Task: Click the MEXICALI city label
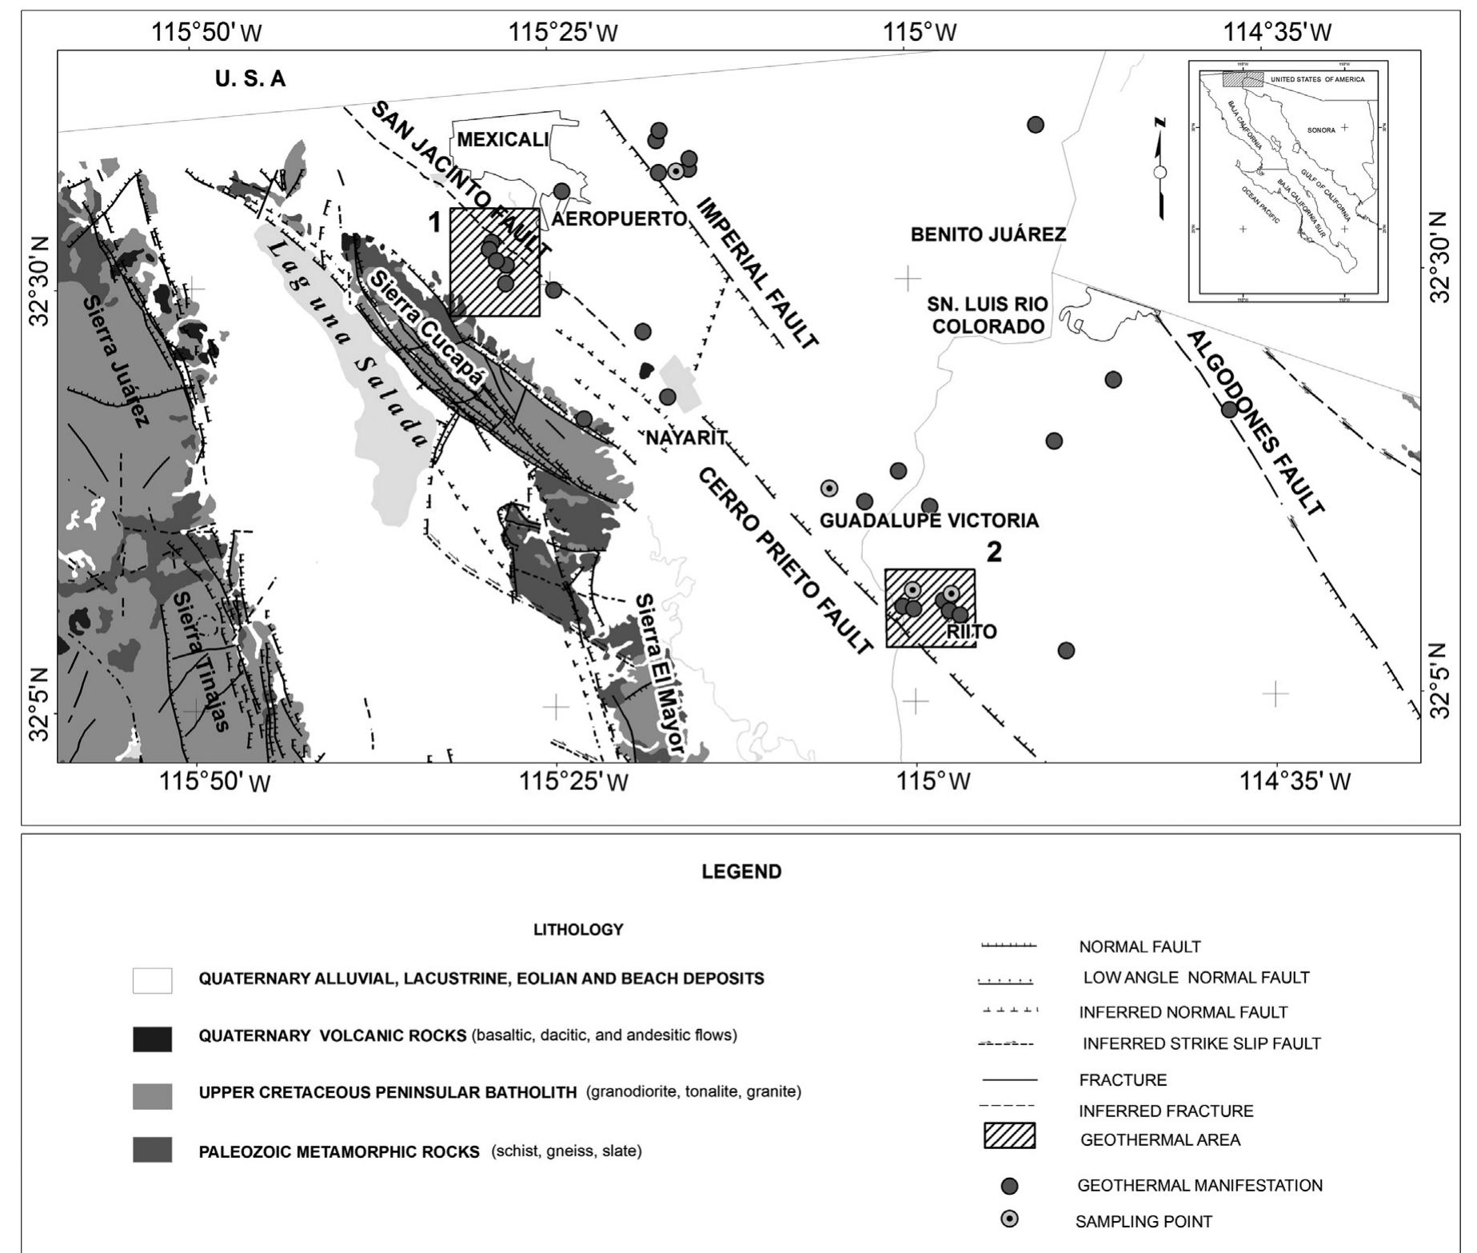pyautogui.click(x=503, y=140)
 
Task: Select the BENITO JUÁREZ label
pyautogui.click(x=988, y=235)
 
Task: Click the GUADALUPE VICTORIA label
pyautogui.click(x=929, y=521)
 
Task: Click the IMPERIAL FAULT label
pyautogui.click(x=757, y=273)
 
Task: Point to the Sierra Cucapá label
pyautogui.click(x=429, y=329)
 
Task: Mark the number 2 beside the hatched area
pyautogui.click(x=993, y=553)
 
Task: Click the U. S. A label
pyautogui.click(x=249, y=79)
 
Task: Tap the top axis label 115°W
pyautogui.click(x=920, y=33)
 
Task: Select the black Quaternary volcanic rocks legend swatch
pyautogui.click(x=152, y=1038)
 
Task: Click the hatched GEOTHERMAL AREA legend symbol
pyautogui.click(x=1009, y=1136)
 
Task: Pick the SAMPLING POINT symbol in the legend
pyautogui.click(x=1010, y=1219)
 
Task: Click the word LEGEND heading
pyautogui.click(x=741, y=872)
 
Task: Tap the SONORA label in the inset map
pyautogui.click(x=1320, y=130)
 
